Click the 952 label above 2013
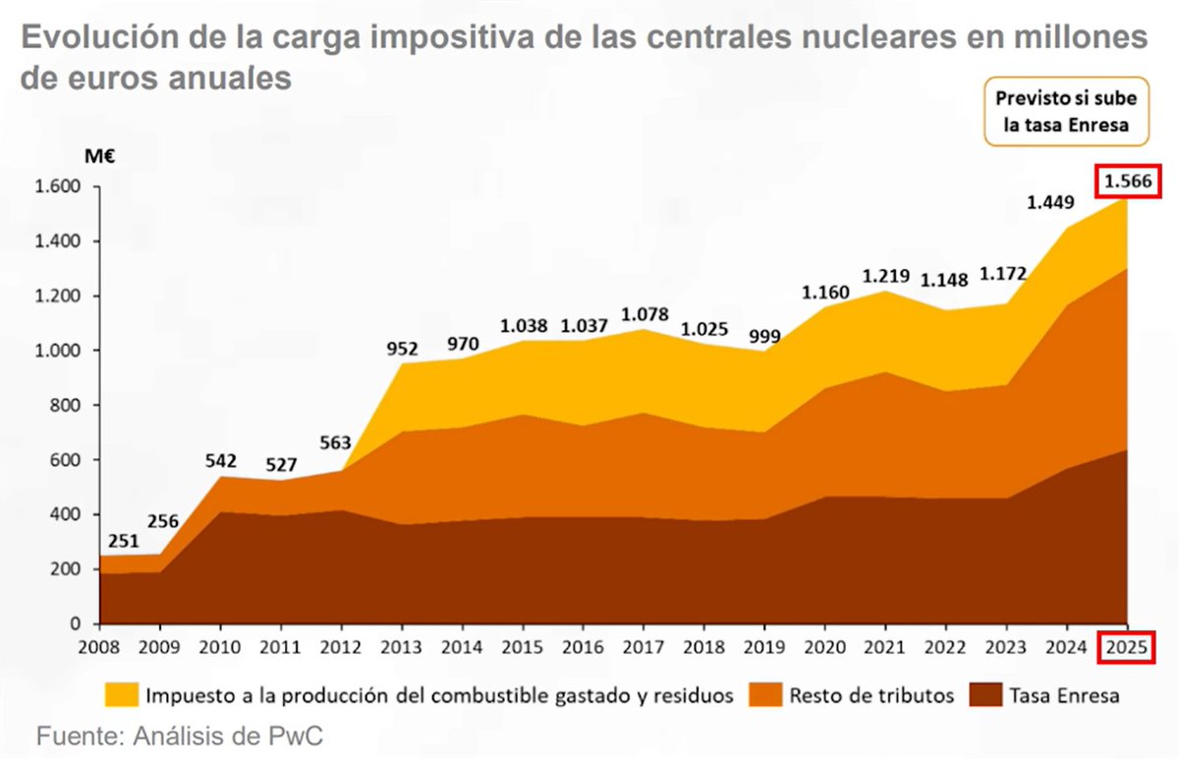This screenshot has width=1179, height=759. point(403,348)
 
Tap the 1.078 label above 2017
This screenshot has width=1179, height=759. point(646,315)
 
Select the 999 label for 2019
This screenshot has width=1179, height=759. point(763,336)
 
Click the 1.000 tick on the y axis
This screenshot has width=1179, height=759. point(56,351)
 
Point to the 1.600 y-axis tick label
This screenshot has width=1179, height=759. point(56,187)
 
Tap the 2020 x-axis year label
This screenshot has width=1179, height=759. point(823,648)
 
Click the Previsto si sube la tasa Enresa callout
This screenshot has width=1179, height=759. point(1066,112)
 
